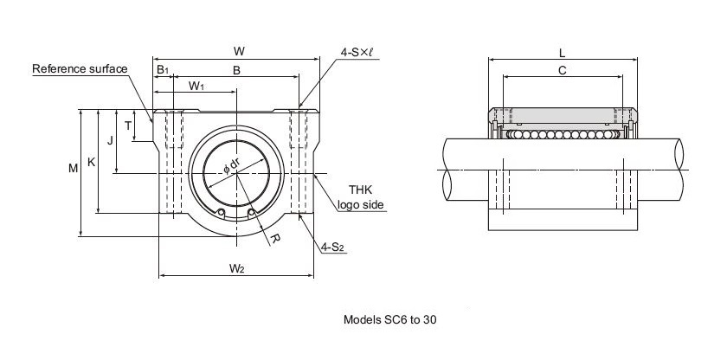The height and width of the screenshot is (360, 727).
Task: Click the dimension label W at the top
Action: (239, 51)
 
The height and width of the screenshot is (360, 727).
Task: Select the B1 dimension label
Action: (163, 70)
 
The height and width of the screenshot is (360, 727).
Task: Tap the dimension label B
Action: (236, 70)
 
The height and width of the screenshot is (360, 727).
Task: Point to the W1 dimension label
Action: (196, 86)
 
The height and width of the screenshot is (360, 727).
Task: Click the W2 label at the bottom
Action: (236, 268)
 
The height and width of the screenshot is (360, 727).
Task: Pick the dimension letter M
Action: (74, 169)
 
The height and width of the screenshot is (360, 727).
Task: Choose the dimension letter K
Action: (92, 162)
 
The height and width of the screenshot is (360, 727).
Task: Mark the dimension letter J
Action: (110, 140)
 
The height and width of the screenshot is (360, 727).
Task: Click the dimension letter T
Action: (128, 125)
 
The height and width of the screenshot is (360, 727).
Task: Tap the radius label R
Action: (274, 239)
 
